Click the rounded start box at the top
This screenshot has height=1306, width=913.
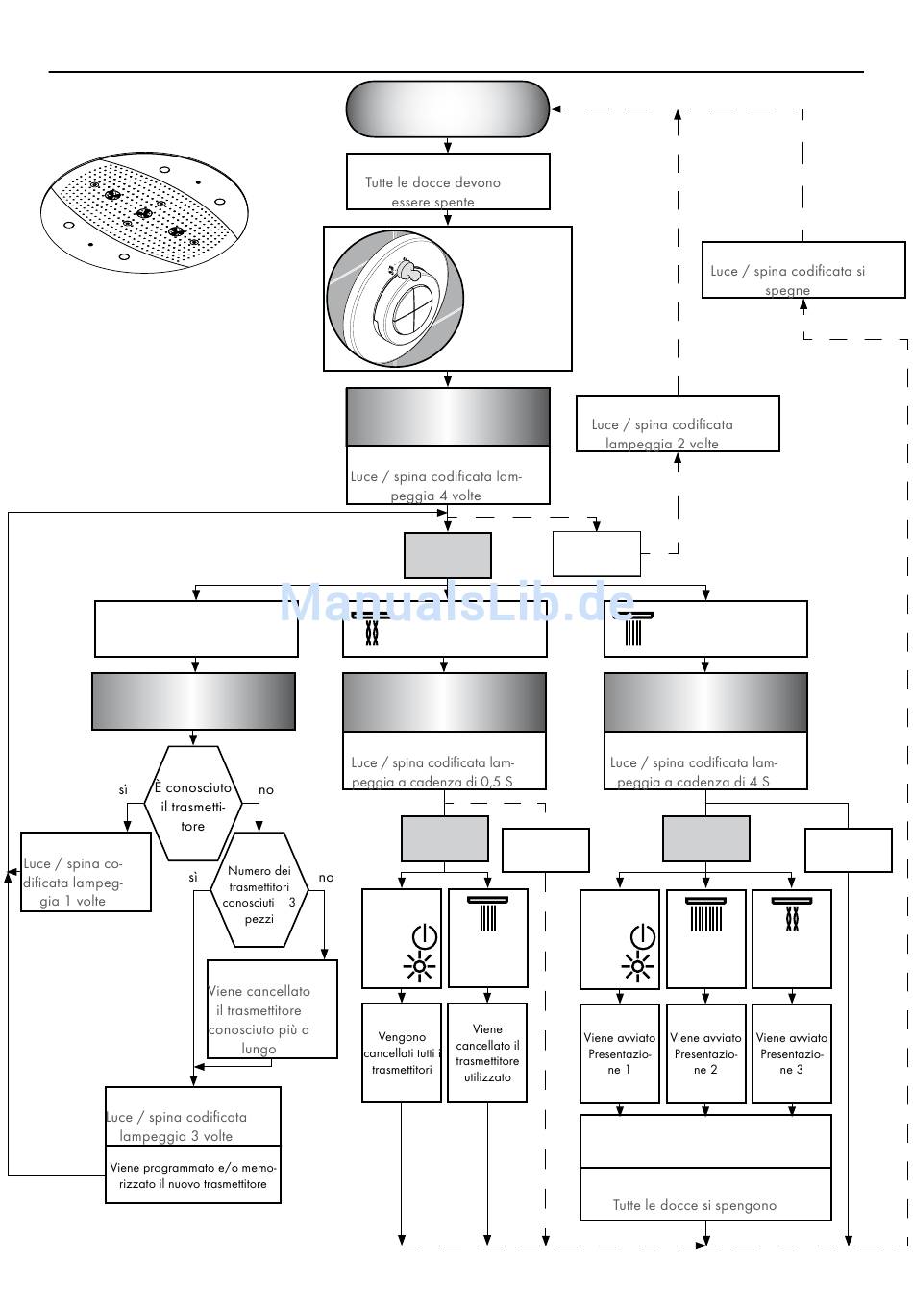coord(447,109)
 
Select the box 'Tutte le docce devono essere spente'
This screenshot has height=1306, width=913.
coord(447,182)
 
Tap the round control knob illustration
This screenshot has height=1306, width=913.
coord(396,299)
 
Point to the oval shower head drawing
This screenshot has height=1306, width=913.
coord(141,212)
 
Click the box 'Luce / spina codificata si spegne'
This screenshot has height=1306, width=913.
coord(802,271)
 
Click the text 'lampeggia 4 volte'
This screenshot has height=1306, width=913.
coord(435,496)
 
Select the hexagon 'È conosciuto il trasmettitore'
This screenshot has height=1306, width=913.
coord(193,805)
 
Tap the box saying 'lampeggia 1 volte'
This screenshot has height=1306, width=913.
coord(86,872)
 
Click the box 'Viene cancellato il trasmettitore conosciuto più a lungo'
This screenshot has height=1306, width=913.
coord(272,1010)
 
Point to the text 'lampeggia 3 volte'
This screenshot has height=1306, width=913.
coord(176,1136)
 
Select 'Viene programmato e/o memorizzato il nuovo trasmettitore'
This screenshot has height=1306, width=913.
coord(192,1175)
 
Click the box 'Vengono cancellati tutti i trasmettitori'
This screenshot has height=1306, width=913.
coord(401,1052)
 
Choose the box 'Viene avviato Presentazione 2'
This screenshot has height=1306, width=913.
coord(705,1053)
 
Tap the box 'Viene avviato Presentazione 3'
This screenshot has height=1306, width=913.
coord(791,1053)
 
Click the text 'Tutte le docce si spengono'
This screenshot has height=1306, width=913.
coord(695,1205)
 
